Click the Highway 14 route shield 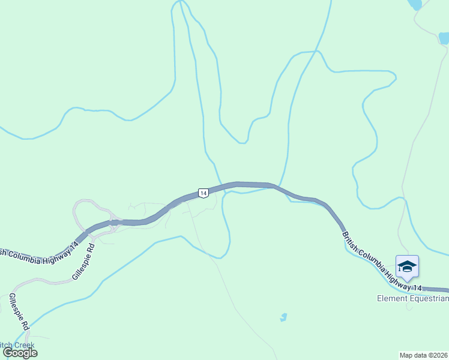coord(203,193)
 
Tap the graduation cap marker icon coord(407,267)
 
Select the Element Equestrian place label coord(413,298)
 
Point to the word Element coord(392,298)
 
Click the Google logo coord(20,353)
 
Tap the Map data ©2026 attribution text coord(424,355)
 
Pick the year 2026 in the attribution coord(441,355)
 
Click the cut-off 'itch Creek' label coord(17,345)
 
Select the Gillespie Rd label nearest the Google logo coord(19,312)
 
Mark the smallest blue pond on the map coord(283,317)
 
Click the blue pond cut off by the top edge coord(414,4)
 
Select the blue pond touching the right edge coord(444,38)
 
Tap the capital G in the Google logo coord(8,353)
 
